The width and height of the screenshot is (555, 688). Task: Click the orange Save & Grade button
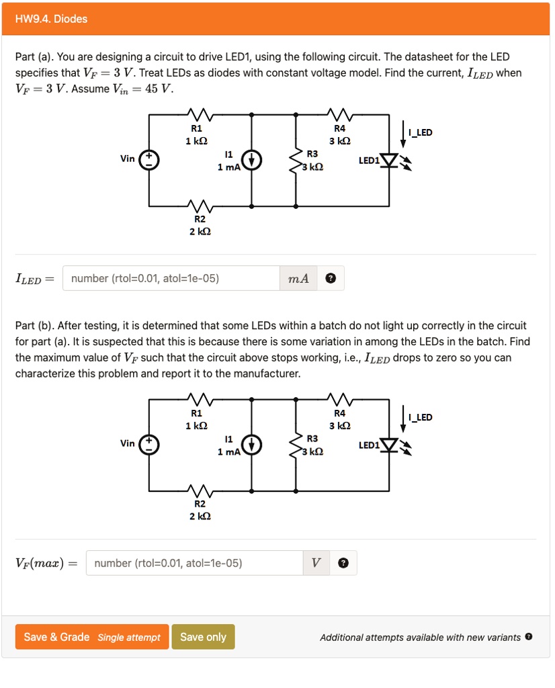91,637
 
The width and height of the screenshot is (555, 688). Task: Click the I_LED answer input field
171,278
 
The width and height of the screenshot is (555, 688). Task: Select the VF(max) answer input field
194,563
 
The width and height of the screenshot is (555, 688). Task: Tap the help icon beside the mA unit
330,278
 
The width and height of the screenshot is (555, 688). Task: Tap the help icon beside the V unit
343,563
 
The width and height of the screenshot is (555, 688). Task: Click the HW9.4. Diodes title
52,19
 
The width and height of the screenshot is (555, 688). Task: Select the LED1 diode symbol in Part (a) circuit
389,161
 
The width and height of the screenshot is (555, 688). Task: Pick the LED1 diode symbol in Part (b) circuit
389,445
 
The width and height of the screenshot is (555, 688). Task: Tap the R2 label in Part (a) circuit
200,219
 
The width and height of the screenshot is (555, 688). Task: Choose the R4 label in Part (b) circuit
339,413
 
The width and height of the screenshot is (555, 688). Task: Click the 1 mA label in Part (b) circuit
228,451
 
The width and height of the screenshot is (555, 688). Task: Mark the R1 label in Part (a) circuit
196,128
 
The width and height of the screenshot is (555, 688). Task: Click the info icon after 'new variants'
529,636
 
